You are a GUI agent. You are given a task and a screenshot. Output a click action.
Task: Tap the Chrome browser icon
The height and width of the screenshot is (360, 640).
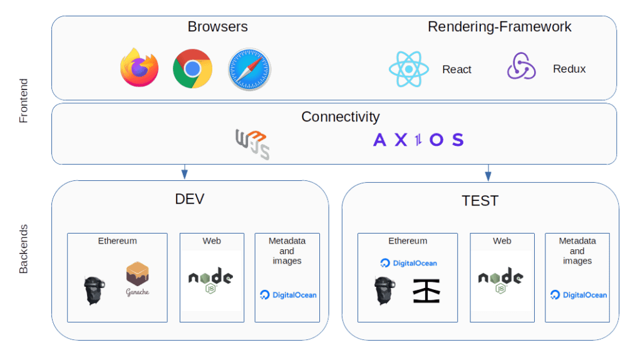pyautogui.click(x=192, y=68)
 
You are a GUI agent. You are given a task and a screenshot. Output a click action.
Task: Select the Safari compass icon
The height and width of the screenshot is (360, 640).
pyautogui.click(x=249, y=69)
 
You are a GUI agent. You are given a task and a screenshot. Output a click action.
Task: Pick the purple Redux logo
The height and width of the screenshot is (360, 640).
pyautogui.click(x=521, y=67)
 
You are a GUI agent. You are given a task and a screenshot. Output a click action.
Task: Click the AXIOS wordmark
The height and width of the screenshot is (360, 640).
pyautogui.click(x=418, y=140)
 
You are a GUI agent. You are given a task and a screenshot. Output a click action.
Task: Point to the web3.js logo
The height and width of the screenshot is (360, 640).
pyautogui.click(x=252, y=143)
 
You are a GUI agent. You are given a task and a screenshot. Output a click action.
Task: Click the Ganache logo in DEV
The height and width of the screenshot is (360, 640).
pyautogui.click(x=137, y=279)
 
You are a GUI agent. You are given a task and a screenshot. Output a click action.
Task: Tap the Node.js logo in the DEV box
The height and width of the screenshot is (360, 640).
pyautogui.click(x=211, y=280)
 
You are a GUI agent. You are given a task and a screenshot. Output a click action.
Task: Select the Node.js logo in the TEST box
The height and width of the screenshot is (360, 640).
pyautogui.click(x=501, y=280)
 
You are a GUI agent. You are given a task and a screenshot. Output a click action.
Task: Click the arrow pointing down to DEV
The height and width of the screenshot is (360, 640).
pyautogui.click(x=184, y=173)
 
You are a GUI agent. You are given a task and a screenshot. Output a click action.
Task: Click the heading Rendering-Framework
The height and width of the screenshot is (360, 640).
pyautogui.click(x=499, y=27)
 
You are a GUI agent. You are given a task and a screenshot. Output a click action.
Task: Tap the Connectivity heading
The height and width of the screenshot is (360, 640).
pyautogui.click(x=340, y=116)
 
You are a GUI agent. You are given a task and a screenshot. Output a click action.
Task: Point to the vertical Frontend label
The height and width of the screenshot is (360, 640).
pyautogui.click(x=23, y=100)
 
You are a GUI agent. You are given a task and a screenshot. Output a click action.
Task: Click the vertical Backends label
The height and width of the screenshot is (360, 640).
pyautogui.click(x=23, y=249)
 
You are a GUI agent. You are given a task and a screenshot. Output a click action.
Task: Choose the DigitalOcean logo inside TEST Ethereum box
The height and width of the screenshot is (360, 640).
pyautogui.click(x=408, y=263)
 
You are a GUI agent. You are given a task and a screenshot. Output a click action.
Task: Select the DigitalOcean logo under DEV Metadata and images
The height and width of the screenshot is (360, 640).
pyautogui.click(x=288, y=295)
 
